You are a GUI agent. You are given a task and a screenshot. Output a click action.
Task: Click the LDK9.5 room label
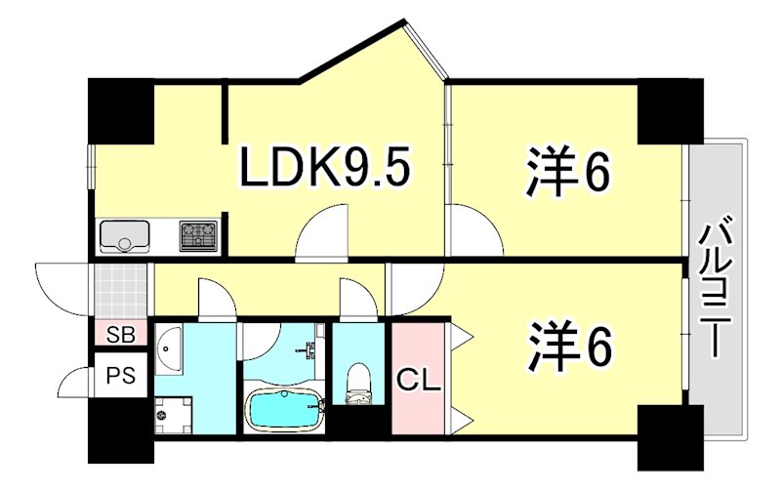click(x=327, y=171)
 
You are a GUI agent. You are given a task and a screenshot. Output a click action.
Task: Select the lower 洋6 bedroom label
click(x=570, y=344)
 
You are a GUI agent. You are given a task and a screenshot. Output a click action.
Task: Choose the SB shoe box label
click(x=121, y=334)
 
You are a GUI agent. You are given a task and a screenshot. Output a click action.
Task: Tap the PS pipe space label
click(x=121, y=375)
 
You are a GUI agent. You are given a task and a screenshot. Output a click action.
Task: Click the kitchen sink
click(x=124, y=236)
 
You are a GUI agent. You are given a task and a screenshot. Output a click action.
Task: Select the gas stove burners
click(x=200, y=234)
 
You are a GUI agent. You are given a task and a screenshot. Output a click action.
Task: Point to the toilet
click(x=358, y=384)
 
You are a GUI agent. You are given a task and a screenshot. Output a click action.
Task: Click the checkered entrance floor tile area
click(x=122, y=289)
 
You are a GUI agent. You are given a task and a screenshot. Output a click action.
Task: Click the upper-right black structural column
click(x=671, y=110)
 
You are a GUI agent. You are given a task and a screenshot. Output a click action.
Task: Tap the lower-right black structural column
click(x=670, y=434)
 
